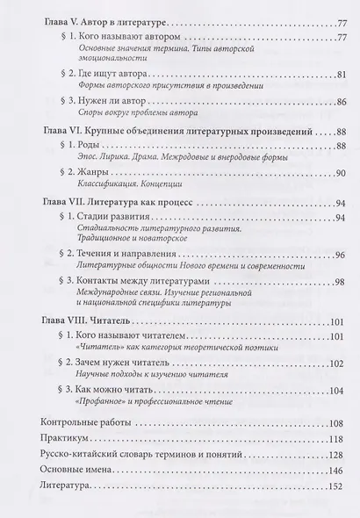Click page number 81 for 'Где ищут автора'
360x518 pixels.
(x=334, y=75)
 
